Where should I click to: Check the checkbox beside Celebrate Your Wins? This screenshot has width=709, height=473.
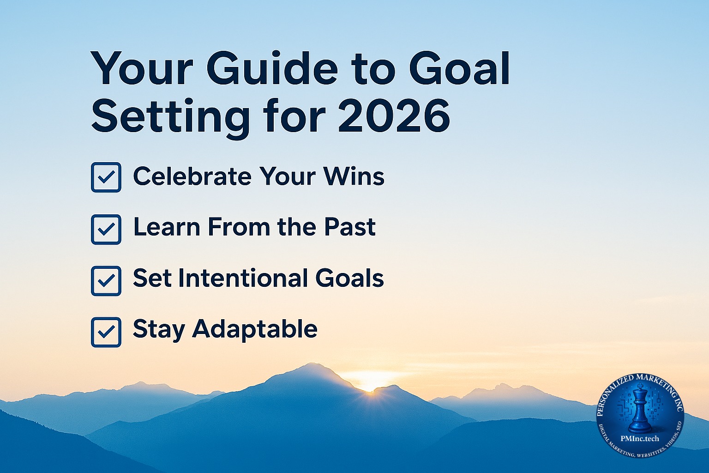pos(106,177)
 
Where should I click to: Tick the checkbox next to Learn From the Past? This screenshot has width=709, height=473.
pos(106,229)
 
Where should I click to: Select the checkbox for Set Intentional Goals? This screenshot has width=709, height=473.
pos(106,280)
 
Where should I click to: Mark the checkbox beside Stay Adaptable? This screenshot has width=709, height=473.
pos(106,332)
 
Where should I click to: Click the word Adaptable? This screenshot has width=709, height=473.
pos(255,330)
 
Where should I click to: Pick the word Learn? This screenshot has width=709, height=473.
pos(167,227)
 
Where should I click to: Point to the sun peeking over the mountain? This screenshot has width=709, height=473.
pos(369,389)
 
